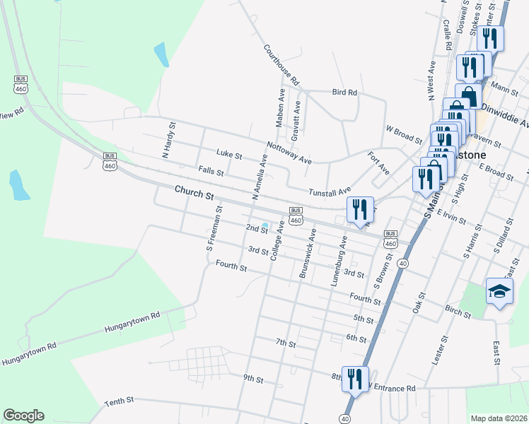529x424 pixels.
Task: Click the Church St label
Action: point(194,193)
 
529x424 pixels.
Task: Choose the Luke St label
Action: point(229,154)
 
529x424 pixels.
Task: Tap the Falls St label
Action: point(211,171)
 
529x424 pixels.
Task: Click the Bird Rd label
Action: point(344,92)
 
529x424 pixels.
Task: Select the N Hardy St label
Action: point(168,140)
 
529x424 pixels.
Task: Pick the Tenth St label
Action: point(119,401)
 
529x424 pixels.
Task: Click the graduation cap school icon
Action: point(499,291)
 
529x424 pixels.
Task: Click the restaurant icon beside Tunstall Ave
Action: point(360,209)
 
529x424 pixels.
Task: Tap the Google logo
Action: point(23,416)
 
